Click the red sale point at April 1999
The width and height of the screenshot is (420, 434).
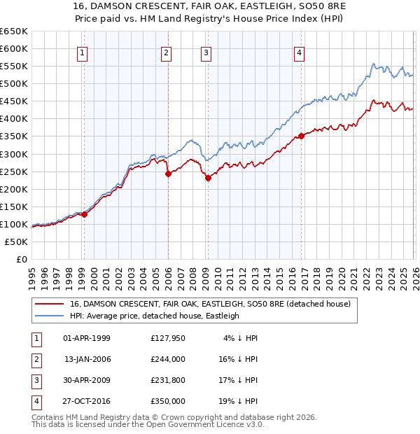click(84, 214)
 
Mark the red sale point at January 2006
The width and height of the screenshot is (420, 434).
click(168, 174)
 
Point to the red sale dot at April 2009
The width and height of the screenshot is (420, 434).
click(208, 178)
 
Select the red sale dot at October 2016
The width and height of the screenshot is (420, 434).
click(301, 136)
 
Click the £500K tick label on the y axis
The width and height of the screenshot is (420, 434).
click(14, 83)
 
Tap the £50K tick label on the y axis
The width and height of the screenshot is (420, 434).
click(17, 241)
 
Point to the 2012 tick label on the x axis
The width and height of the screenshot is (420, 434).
click(241, 277)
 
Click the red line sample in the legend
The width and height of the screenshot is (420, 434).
click(50, 304)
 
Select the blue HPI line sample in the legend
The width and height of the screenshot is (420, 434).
click(50, 316)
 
